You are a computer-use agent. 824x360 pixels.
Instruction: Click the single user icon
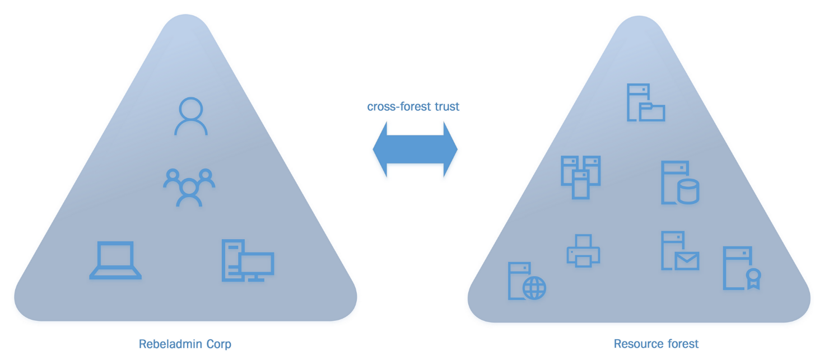pyautogui.click(x=190, y=116)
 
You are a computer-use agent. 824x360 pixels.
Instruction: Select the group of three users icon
pyautogui.click(x=189, y=187)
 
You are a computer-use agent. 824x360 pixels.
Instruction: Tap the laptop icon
pyautogui.click(x=115, y=260)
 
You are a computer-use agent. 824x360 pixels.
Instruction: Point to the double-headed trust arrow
pyautogui.click(x=415, y=149)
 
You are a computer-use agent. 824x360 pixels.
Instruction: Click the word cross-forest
pyautogui.click(x=391, y=106)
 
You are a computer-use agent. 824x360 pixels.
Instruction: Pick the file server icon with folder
pyautogui.click(x=645, y=103)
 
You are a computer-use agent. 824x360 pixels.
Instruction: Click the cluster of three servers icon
pyautogui.click(x=580, y=176)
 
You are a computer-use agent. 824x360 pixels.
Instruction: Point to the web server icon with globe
pyautogui.click(x=527, y=281)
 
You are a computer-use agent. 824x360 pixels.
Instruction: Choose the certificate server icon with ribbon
pyautogui.click(x=741, y=269)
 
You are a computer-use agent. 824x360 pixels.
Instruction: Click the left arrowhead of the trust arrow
pyautogui.click(x=381, y=149)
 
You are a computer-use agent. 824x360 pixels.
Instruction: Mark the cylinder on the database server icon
pyautogui.click(x=688, y=192)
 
